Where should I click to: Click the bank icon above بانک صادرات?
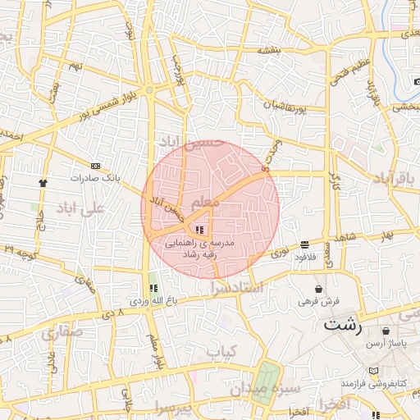(97, 165)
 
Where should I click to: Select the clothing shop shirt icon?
(43, 182)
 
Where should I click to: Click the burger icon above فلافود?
(305, 244)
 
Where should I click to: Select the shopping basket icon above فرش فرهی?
(319, 289)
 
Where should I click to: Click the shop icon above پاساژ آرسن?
(386, 331)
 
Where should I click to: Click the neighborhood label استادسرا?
(253, 288)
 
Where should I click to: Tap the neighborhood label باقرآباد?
(395, 177)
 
